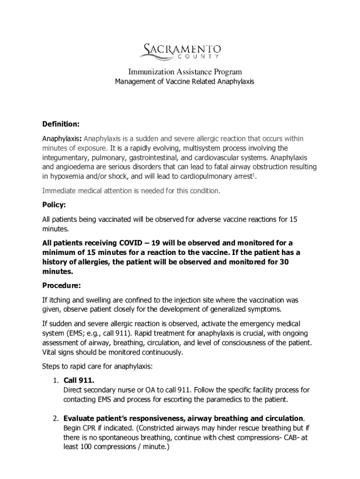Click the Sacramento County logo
[182, 51]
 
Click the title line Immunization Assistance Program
[185, 72]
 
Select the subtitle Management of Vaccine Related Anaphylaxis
[185, 81]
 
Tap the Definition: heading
[61, 124]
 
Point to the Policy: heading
[54, 205]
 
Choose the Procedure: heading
[62, 285]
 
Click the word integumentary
[66, 158]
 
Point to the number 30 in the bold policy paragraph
[284, 262]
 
